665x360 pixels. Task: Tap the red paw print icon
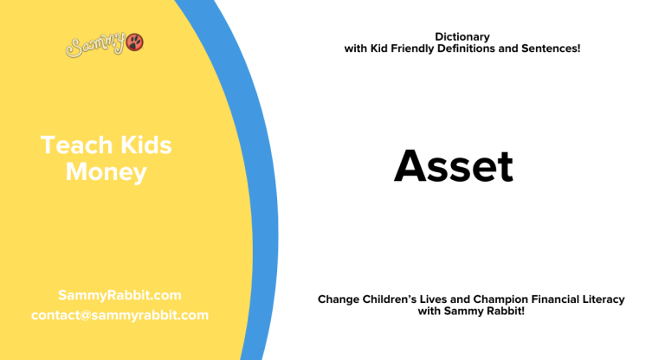pos(135,42)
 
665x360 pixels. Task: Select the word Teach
pos(72,145)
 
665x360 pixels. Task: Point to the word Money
pos(106,171)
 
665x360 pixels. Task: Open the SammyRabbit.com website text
pos(119,295)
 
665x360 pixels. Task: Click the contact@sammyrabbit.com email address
pos(119,315)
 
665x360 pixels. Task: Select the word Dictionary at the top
pos(462,36)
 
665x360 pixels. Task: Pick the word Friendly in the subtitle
pos(421,48)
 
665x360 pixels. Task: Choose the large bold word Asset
pos(454,166)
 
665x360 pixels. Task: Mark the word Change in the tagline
pos(339,299)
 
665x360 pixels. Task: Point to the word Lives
pos(443,299)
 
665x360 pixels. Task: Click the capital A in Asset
pos(410,166)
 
